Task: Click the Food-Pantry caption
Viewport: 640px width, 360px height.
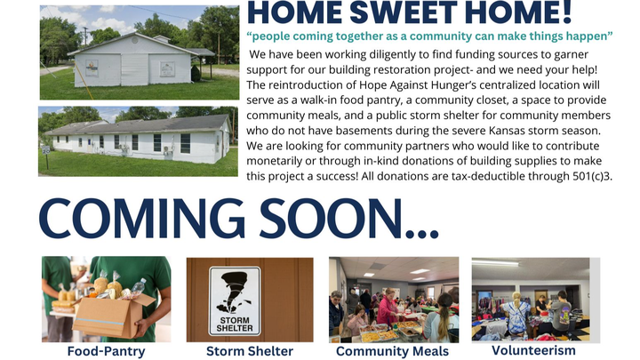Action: click(x=106, y=351)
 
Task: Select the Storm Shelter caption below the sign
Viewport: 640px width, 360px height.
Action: click(x=250, y=351)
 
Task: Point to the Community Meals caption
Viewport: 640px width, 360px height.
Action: click(x=393, y=351)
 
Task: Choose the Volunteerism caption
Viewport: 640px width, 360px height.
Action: click(x=534, y=350)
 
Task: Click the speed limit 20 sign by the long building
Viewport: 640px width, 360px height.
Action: click(x=46, y=150)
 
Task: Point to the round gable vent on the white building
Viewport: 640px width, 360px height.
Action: click(x=135, y=40)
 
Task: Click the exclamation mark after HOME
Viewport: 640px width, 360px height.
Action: click(x=567, y=12)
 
